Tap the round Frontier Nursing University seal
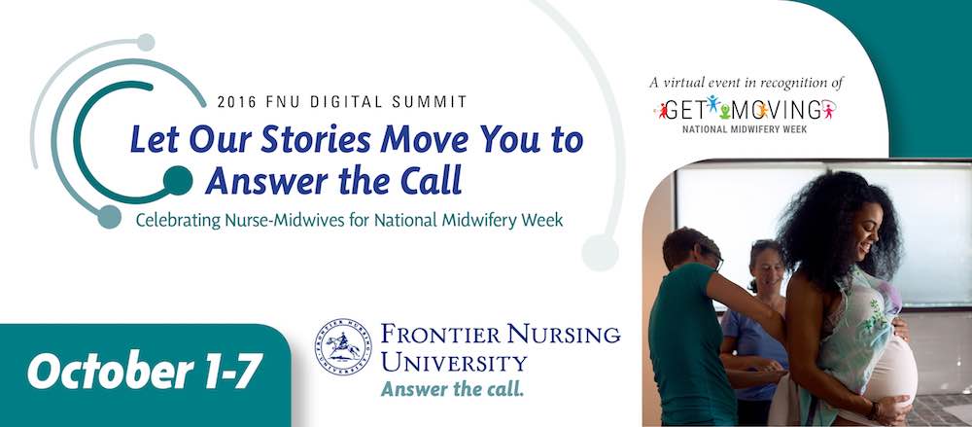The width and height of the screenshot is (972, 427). [343, 347]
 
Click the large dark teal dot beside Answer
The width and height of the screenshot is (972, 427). [178, 181]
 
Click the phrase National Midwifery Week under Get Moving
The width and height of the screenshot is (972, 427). [745, 129]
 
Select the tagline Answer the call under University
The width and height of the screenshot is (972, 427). [453, 389]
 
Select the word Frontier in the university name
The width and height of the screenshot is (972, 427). [440, 336]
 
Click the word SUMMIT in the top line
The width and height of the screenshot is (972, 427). [440, 102]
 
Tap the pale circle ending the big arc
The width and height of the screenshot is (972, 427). [600, 253]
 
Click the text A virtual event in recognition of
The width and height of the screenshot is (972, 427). [746, 82]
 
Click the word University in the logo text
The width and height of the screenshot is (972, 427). [454, 362]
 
